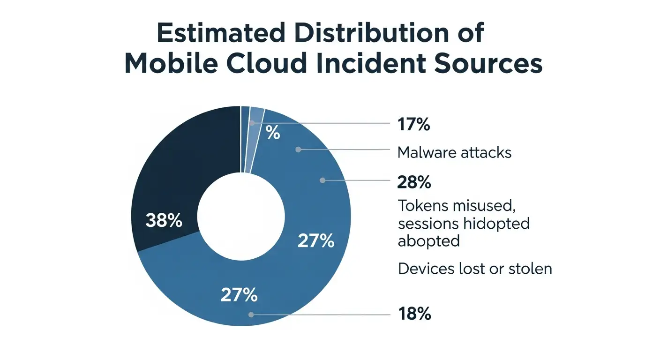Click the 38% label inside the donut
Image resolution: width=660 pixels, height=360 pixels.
[x=164, y=220]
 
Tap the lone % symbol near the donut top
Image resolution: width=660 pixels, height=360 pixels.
[x=273, y=134]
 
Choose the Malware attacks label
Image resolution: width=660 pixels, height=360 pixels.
[x=454, y=152]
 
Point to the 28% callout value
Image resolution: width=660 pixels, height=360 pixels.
[x=414, y=182]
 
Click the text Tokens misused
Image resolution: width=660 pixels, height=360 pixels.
[x=447, y=206]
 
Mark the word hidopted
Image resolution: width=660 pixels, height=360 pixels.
[x=496, y=223]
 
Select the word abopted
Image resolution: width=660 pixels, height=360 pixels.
[x=428, y=240]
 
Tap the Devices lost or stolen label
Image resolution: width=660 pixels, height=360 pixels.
[x=475, y=269]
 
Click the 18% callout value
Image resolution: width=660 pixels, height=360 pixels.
[x=414, y=314]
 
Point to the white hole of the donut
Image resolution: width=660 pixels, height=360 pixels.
[x=241, y=216]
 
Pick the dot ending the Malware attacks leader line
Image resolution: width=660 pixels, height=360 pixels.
[x=298, y=150]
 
